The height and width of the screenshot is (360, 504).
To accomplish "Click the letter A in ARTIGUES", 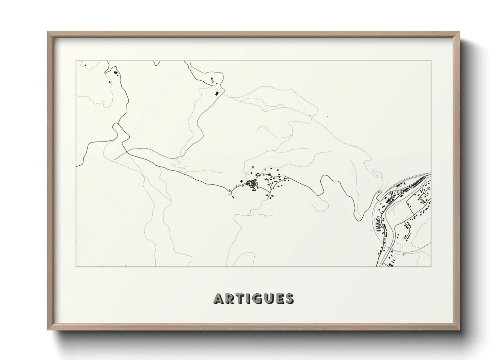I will click(x=218, y=299).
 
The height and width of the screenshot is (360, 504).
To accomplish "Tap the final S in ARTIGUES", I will click(x=289, y=299).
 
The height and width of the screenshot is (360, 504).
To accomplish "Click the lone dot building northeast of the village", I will click(x=328, y=117).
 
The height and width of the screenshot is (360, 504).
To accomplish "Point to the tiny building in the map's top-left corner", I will click(x=85, y=65).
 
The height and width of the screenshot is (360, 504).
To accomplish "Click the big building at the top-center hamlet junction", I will click(x=216, y=93).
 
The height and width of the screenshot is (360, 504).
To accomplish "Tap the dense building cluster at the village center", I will click(x=253, y=184).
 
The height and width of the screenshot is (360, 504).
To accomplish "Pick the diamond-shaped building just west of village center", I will click(x=241, y=180).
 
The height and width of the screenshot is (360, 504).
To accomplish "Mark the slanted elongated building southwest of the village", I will click(x=233, y=196).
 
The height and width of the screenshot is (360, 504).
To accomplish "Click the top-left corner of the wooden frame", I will click(x=48, y=32).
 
